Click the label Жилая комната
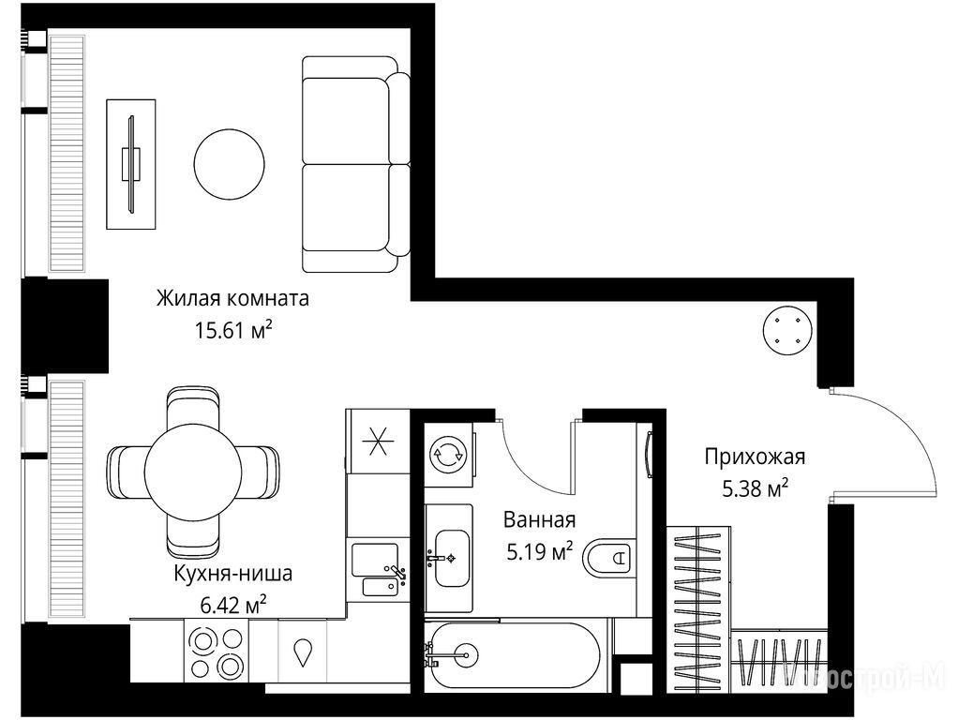pos(232,298)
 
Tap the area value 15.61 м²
pos(232,330)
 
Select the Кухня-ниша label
pos(233,574)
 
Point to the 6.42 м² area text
pos(233,605)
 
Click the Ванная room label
pos(540,520)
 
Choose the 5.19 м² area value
pos(540,552)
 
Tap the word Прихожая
pos(755,457)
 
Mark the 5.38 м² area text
pos(756,488)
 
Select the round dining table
pos(193,472)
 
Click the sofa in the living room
pos(356,164)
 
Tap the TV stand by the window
pos(130,164)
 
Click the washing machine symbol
pos(449,454)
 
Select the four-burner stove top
pos(216,652)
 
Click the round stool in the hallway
pos(787,330)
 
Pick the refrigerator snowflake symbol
pos(377,442)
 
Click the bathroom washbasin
pos(451,558)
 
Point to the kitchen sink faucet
pos(396,573)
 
